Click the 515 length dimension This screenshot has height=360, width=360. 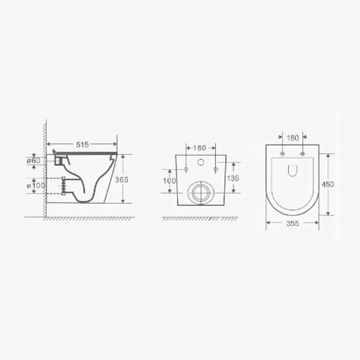(x=82, y=145)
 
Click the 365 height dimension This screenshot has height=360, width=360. (x=122, y=179)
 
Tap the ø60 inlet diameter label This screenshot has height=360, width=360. (x=34, y=161)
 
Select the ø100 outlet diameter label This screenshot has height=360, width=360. (x=36, y=186)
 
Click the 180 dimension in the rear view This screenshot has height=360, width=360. (x=199, y=148)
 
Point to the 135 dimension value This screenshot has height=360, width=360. (x=233, y=178)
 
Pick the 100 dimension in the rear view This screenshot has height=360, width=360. (x=169, y=181)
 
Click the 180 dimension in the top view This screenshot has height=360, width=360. (x=293, y=138)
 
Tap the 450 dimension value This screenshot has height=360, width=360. (x=328, y=184)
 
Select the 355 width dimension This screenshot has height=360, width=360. (x=293, y=224)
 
